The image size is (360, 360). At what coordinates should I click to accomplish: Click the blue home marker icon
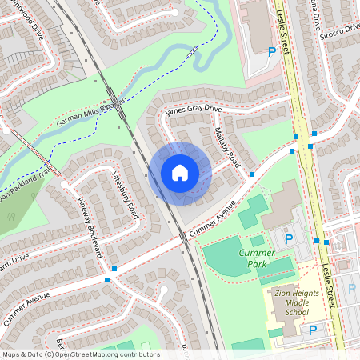(x=180, y=172)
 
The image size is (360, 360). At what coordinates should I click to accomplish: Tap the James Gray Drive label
(x=192, y=109)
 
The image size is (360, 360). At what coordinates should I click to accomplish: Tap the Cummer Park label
(x=257, y=258)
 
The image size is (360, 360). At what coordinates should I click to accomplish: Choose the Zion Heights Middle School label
(x=295, y=304)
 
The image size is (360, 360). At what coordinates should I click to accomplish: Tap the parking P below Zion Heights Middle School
(x=312, y=330)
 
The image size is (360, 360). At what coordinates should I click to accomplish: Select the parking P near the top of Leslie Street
(x=272, y=51)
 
